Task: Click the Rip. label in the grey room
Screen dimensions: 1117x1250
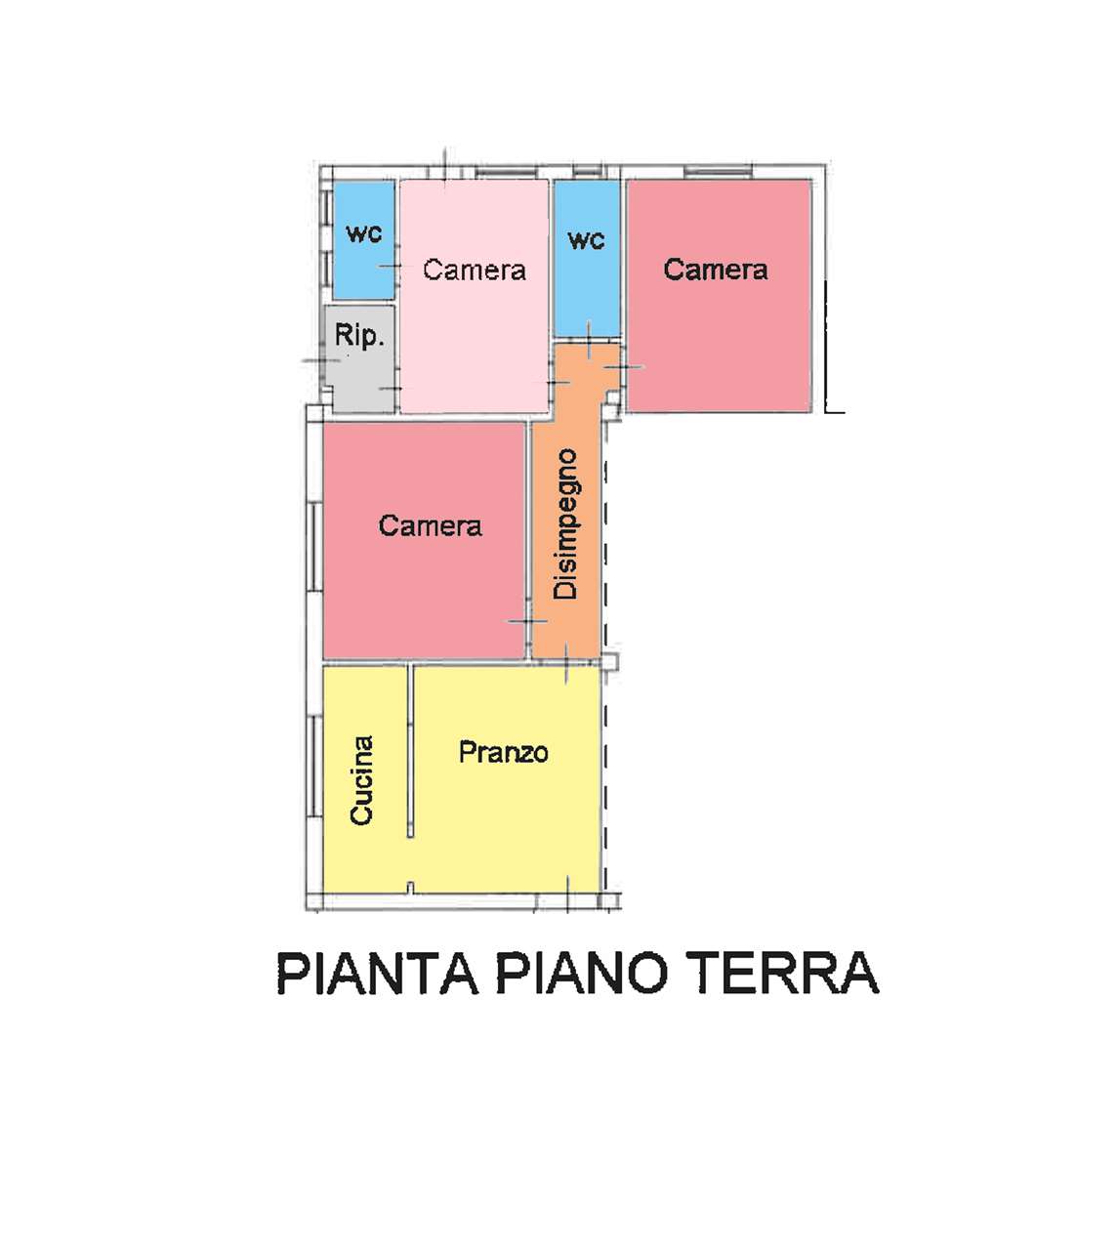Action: click(x=359, y=336)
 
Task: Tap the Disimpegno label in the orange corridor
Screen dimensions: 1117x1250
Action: click(x=565, y=523)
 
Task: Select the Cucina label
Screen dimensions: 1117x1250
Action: click(x=361, y=780)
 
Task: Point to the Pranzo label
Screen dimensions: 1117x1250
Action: click(x=503, y=753)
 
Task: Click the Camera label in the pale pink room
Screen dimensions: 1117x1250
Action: click(x=475, y=270)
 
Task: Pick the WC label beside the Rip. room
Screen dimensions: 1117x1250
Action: click(x=364, y=233)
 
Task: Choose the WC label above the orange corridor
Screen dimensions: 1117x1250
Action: click(x=586, y=240)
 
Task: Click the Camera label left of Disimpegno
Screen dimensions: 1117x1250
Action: click(x=430, y=525)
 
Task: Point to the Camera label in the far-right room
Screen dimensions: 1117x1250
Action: click(x=716, y=269)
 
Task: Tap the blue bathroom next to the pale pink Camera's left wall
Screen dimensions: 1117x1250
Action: click(x=364, y=240)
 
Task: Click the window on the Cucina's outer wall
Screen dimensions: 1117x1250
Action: click(x=314, y=767)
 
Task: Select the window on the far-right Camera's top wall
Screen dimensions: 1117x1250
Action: click(x=718, y=171)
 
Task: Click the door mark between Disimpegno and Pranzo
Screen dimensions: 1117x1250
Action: click(x=567, y=663)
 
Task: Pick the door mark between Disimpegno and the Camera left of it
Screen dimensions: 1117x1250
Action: click(x=528, y=621)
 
